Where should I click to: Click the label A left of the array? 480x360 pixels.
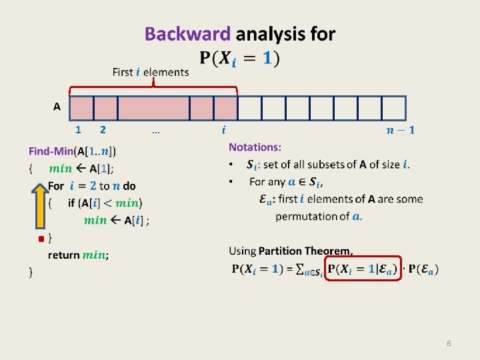(x=57, y=107)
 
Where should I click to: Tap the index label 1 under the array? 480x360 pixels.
(x=79, y=130)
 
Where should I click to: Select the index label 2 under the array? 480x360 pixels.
(x=102, y=130)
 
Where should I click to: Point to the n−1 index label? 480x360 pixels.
(x=400, y=130)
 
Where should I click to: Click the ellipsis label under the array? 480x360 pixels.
(x=155, y=131)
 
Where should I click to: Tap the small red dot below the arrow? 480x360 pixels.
(x=41, y=238)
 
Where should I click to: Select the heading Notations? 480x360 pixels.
(x=255, y=147)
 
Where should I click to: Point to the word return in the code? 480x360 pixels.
(x=63, y=255)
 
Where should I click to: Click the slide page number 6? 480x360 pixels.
(x=449, y=343)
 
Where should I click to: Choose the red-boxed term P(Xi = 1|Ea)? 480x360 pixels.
(x=362, y=269)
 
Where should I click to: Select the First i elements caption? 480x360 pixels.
(x=151, y=72)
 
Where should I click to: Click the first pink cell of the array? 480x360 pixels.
(x=81, y=107)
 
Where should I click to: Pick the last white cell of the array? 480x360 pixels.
(x=393, y=107)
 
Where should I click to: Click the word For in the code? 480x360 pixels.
(x=56, y=186)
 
